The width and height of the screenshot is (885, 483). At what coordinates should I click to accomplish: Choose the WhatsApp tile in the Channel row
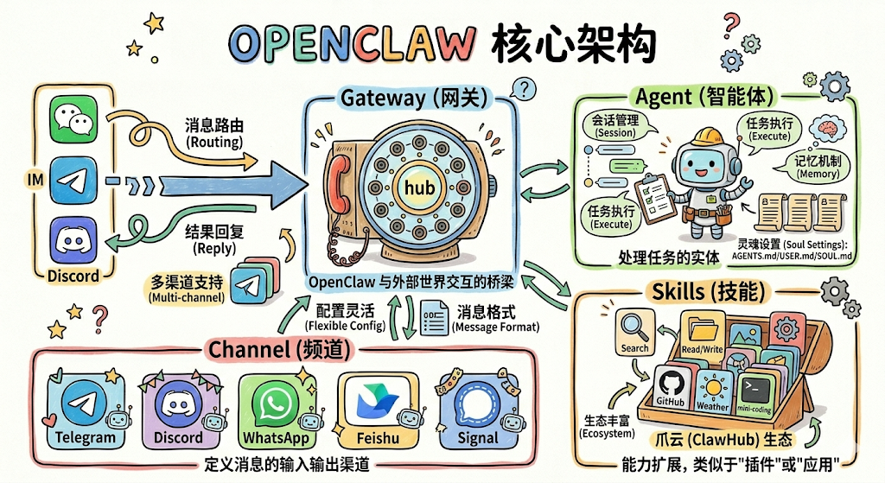(276, 407)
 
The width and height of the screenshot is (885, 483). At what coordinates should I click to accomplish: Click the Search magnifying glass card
(634, 332)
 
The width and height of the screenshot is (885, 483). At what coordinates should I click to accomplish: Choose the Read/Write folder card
(702, 334)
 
